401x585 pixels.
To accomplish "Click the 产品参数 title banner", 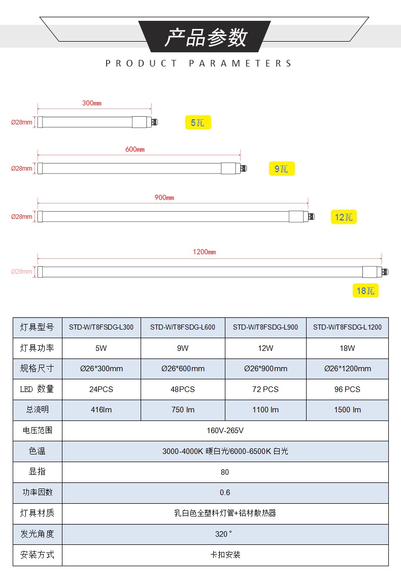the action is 205,37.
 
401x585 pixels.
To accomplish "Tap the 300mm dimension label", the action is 92,103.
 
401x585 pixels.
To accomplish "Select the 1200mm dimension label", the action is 204,252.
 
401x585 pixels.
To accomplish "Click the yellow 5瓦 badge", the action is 198,122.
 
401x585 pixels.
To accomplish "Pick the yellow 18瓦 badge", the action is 365,290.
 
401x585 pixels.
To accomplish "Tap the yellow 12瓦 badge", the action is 344,217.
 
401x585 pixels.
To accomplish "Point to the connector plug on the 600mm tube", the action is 243,168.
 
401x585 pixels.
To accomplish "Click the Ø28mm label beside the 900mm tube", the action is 22,216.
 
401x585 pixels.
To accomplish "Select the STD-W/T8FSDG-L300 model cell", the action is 101,327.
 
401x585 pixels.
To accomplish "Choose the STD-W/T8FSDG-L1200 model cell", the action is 347,327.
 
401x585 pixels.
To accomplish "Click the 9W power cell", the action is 183,348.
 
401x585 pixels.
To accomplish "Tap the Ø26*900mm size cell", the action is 265,369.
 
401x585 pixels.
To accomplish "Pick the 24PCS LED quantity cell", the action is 101,389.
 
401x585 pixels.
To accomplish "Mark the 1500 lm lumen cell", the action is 347,410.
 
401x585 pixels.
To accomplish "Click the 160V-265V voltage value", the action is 225,431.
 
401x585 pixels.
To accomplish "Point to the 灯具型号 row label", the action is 37,327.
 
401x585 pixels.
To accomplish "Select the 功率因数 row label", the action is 37,493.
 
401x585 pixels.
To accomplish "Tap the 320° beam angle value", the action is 223,534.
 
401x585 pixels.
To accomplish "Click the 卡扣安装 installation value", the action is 225,555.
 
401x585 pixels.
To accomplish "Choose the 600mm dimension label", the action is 135,149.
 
